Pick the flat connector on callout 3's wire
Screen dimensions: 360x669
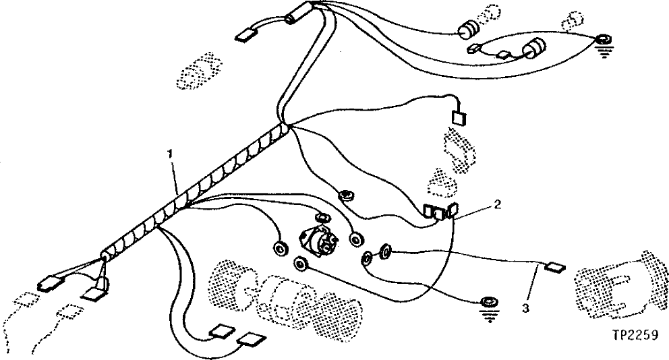[554, 266]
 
